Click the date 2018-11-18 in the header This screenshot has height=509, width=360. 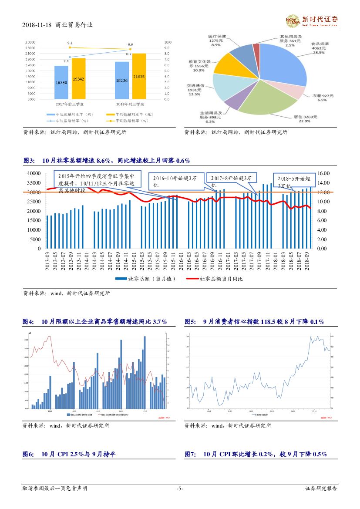(x=37, y=25)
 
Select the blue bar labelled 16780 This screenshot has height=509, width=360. (x=61, y=83)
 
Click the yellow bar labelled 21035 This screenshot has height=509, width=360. (x=139, y=76)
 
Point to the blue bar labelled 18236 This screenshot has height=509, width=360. (x=122, y=81)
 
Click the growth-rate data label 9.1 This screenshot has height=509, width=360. (x=70, y=43)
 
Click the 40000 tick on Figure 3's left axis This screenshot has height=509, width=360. (x=34, y=173)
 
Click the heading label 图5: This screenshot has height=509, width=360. (x=190, y=322)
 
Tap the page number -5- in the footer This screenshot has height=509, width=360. (x=180, y=489)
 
